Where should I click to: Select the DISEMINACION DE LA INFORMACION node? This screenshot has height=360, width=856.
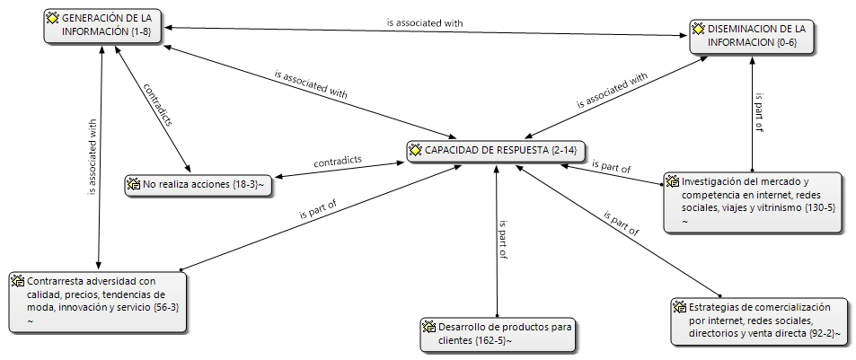tap(751, 37)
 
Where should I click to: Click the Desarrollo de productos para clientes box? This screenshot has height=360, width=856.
tap(498, 334)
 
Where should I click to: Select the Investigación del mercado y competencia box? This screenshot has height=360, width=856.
tap(753, 202)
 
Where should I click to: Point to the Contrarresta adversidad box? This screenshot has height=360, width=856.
tap(98, 302)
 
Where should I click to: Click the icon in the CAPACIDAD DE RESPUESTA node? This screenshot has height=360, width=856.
tap(416, 150)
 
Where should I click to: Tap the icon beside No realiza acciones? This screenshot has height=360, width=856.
tap(133, 184)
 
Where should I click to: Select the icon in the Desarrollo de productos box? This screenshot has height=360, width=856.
tap(429, 328)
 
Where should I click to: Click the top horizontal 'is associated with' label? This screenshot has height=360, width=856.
tap(425, 23)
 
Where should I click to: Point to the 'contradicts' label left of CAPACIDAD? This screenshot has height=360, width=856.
tap(338, 162)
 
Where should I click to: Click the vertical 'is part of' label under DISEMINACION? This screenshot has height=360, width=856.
tap(759, 112)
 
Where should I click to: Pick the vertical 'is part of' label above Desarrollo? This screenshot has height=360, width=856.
tap(503, 240)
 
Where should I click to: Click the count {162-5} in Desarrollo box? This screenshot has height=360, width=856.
tap(490, 341)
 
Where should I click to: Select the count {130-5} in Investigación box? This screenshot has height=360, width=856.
tap(820, 208)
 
